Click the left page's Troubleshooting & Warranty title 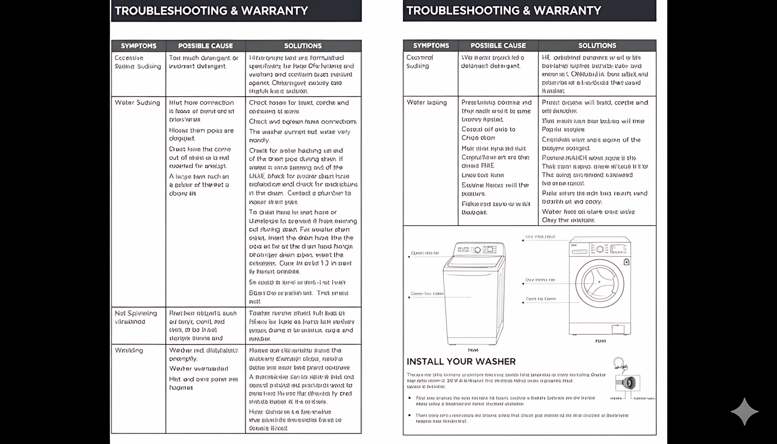coord(211,11)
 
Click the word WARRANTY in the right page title coord(567,11)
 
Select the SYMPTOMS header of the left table coord(138,46)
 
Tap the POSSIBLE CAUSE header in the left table coord(205,46)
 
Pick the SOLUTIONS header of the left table coord(303,46)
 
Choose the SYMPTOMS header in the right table coord(431,46)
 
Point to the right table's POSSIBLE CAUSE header coord(498,46)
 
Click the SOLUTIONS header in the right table coord(597,46)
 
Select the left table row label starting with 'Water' coord(137,103)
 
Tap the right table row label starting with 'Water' coord(426,103)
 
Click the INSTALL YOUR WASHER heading coord(461,362)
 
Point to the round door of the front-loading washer coord(599,283)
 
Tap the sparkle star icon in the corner coord(744,411)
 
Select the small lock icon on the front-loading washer coord(626,262)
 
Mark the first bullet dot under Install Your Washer coord(409,398)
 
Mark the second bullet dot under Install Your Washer coord(409,415)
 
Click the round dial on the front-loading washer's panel coord(600,249)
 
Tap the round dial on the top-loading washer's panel coord(477,250)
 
